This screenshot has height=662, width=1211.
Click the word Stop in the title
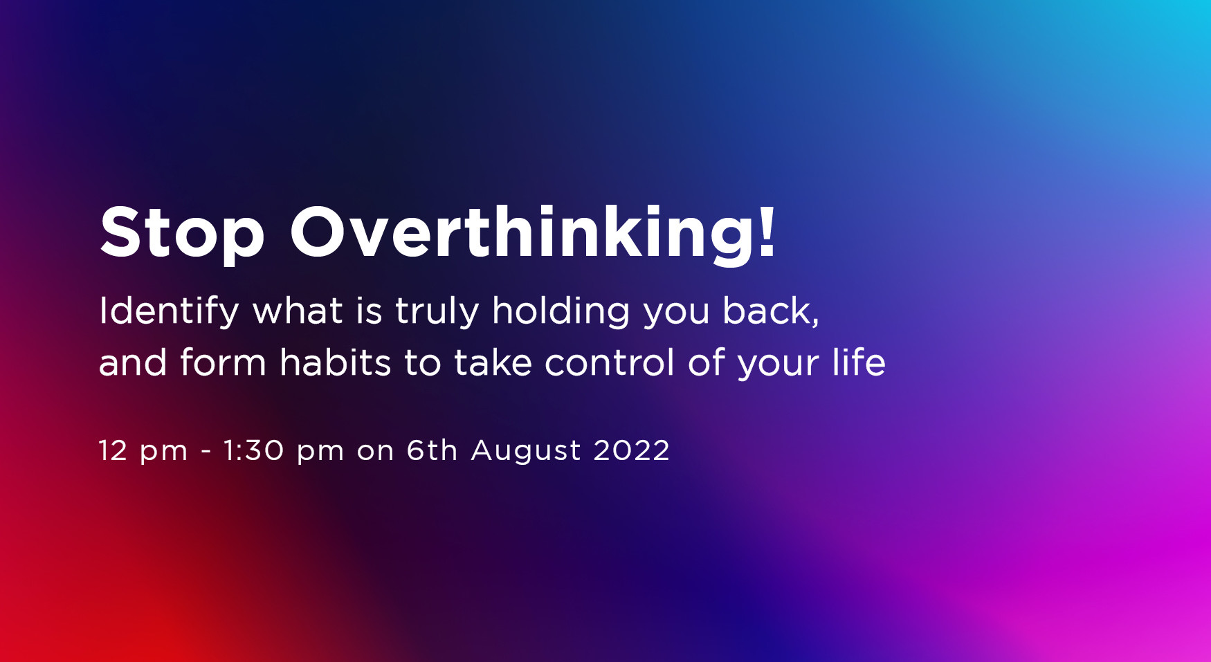pos(182,234)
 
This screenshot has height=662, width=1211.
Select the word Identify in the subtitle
pos(169,311)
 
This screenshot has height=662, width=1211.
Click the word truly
pos(437,311)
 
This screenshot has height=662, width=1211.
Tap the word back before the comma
pos(766,311)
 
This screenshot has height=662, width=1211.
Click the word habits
pos(335,362)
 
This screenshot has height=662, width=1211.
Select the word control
pos(609,362)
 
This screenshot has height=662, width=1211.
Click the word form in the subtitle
pos(223,362)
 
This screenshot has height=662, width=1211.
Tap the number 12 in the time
pos(113,451)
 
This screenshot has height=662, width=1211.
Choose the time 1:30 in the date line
pos(253,451)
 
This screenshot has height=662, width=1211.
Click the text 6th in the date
pos(432,451)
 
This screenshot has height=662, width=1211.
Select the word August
pos(526,451)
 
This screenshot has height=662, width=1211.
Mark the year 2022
pos(631,451)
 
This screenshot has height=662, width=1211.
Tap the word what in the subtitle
pos(298,311)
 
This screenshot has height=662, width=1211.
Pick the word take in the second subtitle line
pos(493,362)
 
